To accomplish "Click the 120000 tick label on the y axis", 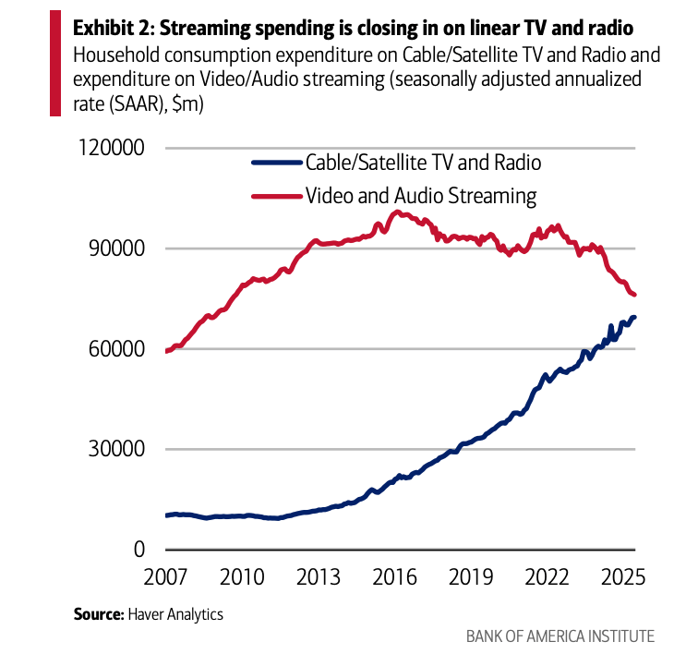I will coord(103,149).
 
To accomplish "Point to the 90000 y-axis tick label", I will coord(110,248).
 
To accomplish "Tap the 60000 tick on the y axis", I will coord(110,349).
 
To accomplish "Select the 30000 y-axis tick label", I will coord(110,450).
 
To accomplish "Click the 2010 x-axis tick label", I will coord(241,578).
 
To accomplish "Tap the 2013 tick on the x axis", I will coord(318,578).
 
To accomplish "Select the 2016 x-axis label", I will coord(394,578).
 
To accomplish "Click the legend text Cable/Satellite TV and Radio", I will coord(423,163).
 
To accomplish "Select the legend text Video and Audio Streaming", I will coord(421,196).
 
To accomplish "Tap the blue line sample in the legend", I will coord(277,163).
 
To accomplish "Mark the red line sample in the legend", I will coord(277,196).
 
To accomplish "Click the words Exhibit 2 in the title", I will coord(108,25).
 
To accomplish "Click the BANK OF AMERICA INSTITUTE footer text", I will coord(560,636).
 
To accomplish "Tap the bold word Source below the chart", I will coord(98,612).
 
